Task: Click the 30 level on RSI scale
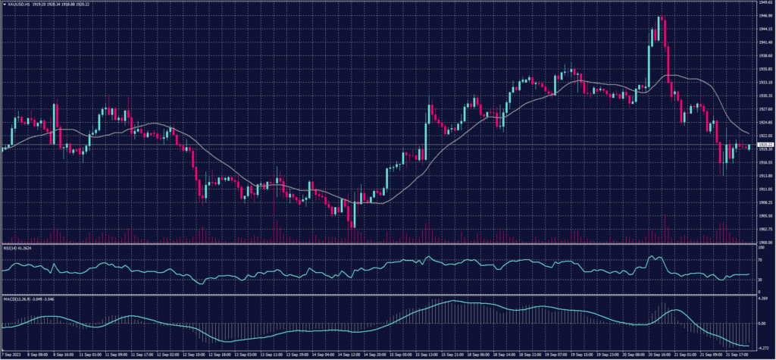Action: pos(760,279)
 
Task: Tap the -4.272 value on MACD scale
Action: pos(763,346)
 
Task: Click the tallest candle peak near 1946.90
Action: pos(661,17)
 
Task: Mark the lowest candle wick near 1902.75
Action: pos(354,227)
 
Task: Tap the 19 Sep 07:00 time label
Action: pos(565,354)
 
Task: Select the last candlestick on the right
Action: pos(749,147)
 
